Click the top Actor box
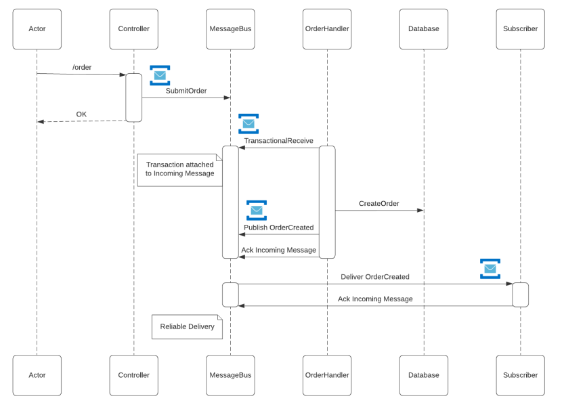coord(37,29)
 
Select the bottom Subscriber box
coord(520,375)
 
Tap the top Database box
coord(423,29)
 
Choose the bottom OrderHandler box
coord(327,375)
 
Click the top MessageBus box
coord(230,29)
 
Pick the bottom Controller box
coord(133,375)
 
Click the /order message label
coord(82,67)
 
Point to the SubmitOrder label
coord(186,90)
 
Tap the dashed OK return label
coord(81,114)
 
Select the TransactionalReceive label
coord(278,140)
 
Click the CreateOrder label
coord(378,203)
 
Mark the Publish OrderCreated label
coord(278,227)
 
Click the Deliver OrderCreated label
coord(374,276)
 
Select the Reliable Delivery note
coord(187,326)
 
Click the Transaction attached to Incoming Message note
coord(179,169)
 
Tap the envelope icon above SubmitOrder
coord(160,76)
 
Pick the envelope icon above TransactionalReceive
coord(248,124)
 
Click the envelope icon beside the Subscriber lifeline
coord(490,269)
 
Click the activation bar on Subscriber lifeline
coord(520,295)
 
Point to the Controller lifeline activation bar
coord(133,98)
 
